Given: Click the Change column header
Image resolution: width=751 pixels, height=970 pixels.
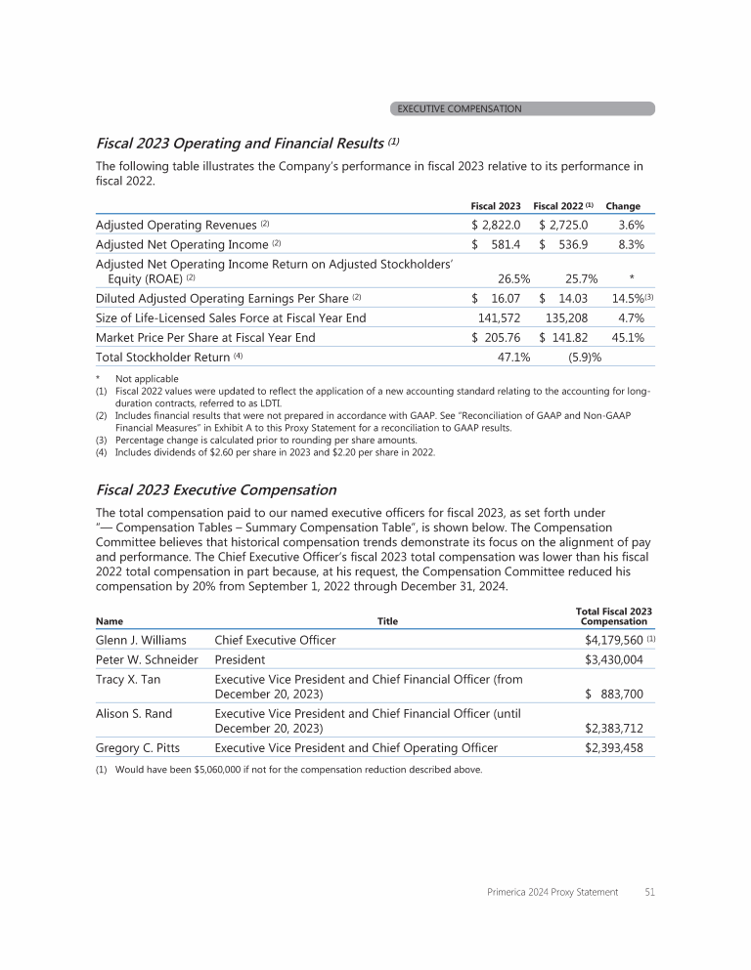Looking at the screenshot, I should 623,206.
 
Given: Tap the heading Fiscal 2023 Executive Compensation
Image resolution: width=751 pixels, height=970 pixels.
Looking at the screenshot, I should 216,489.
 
